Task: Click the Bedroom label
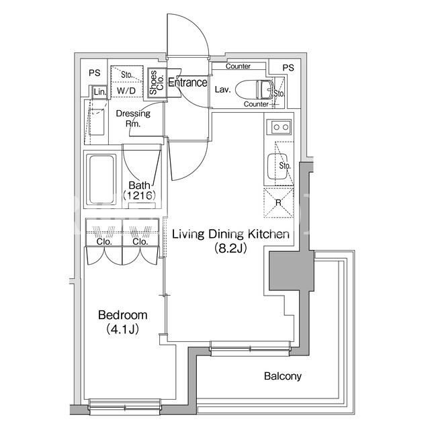[x=122, y=315]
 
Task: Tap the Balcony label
[x=283, y=376]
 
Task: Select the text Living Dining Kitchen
[x=230, y=234]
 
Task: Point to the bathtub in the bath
[x=101, y=179]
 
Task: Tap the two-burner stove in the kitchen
[x=279, y=127]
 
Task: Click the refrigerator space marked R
[x=279, y=203]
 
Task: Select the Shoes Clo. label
[x=157, y=82]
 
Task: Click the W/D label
[x=126, y=91]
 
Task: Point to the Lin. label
[x=100, y=92]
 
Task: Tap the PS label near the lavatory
[x=288, y=68]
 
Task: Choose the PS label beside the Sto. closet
[x=95, y=73]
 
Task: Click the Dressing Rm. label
[x=133, y=118]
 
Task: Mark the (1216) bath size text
[x=139, y=196]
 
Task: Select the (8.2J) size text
[x=230, y=248]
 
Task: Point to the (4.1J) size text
[x=122, y=329]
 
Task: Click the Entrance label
[x=187, y=82]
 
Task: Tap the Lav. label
[x=222, y=89]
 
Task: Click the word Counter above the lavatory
[x=238, y=66]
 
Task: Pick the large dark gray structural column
[x=291, y=270]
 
